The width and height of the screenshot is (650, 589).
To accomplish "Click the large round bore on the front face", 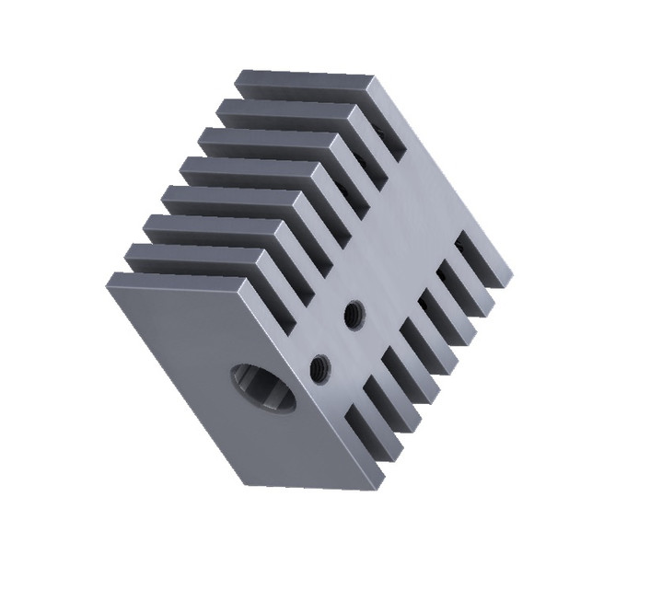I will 261,390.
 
